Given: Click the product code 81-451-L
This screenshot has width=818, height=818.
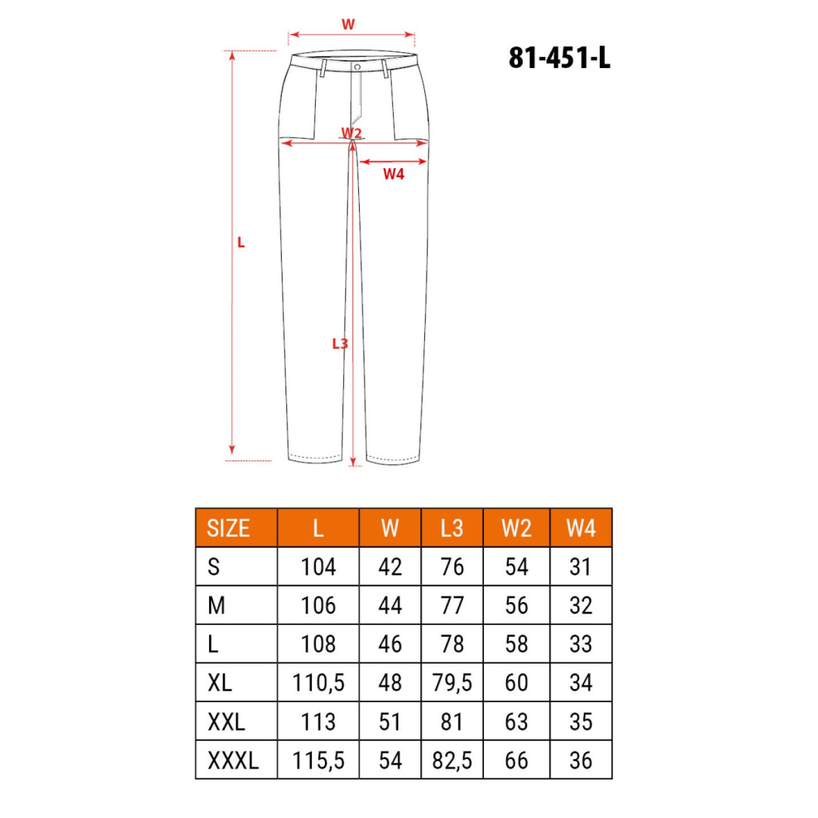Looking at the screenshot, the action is pos(559,58).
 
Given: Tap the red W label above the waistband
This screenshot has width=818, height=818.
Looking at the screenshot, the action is pos(348,24).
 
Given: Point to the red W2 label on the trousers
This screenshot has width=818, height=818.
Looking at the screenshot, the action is pos(351,133).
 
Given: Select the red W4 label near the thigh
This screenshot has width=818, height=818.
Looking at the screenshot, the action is pos(393,174).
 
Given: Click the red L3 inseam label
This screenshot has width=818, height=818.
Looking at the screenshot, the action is pos(340,344).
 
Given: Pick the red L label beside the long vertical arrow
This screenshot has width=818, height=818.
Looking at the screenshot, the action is pos(241,242).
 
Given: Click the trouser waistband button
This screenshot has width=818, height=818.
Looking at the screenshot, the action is pos(357,67).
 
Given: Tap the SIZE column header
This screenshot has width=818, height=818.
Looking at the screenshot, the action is pos(228,528).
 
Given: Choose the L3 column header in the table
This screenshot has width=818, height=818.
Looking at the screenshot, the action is pos(451,528).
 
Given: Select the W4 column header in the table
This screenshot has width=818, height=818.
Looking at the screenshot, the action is pos(581,528).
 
